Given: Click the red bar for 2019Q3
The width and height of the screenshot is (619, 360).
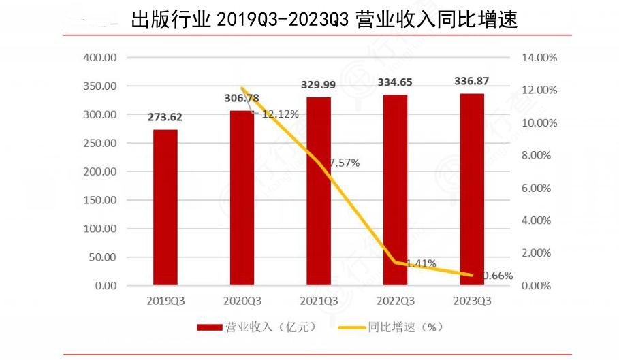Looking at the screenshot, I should pos(165,208).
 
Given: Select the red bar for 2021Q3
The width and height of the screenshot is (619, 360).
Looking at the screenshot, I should pos(318,191).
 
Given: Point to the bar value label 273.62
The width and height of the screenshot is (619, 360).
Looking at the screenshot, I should pos(165,116).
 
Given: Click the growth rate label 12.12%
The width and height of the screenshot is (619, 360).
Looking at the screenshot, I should pos(280,114).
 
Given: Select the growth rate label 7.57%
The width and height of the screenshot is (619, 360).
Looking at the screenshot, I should pos(345,163).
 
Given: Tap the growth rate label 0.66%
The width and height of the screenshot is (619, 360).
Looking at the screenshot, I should pos(497,275).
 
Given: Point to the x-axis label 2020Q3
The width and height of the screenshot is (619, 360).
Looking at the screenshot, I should pos(242,300).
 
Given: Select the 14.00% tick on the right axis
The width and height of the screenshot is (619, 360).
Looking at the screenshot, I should pos(539,58).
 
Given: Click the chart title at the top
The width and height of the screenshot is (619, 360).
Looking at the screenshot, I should pos(324,18).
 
